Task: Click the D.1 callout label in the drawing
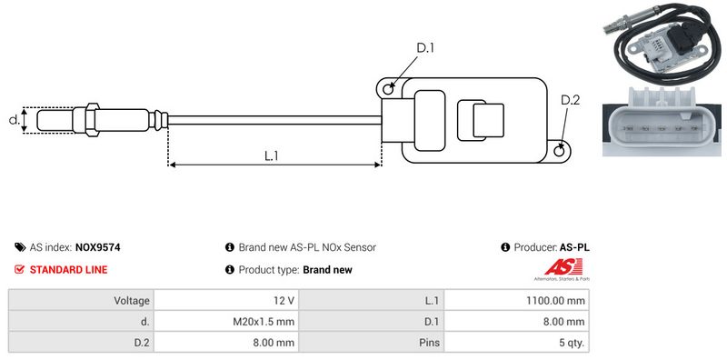(425, 48)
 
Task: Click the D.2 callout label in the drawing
(571, 100)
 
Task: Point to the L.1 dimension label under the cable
(271, 155)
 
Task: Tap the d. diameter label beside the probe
(15, 119)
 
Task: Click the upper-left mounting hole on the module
(388, 88)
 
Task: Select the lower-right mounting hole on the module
(560, 150)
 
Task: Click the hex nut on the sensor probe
(93, 120)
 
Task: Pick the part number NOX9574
(98, 248)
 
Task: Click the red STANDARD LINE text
(69, 270)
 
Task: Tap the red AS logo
(563, 267)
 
